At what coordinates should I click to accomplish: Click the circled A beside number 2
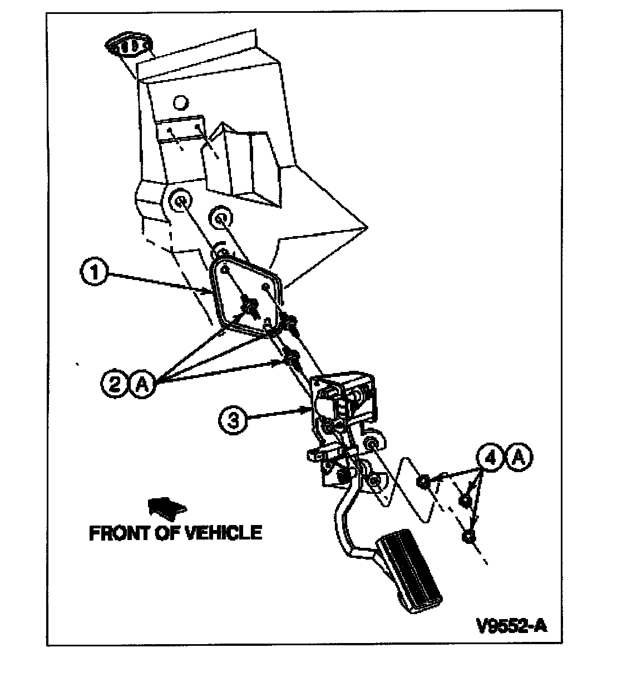point(142,385)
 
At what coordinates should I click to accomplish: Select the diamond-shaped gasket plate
point(246,296)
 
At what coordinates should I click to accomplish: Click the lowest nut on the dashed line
point(468,537)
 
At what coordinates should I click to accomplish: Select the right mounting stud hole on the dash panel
point(221,218)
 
